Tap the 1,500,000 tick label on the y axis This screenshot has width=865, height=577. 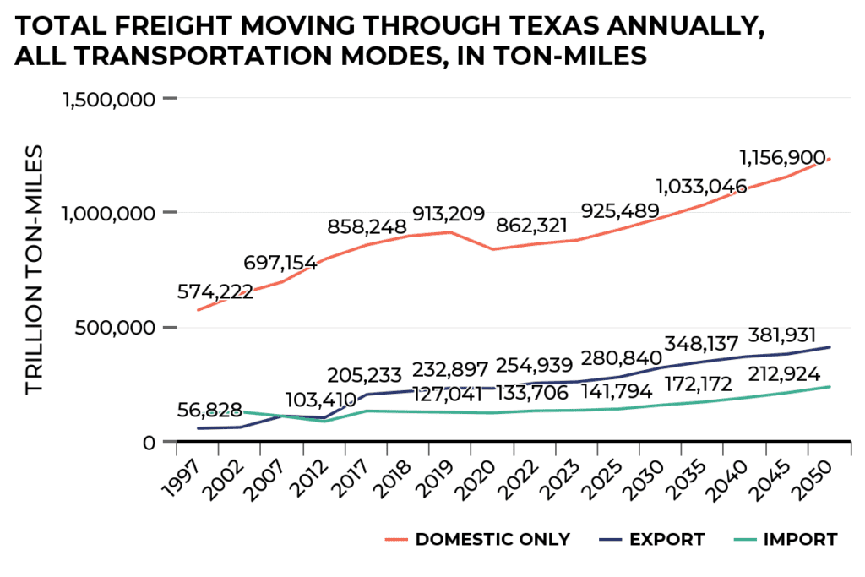click(109, 99)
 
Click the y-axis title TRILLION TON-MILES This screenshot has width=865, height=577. click(34, 269)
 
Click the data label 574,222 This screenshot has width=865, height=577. click(215, 293)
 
